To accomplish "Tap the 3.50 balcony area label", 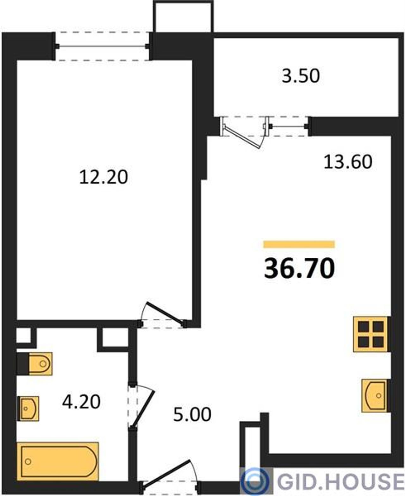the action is pyautogui.click(x=301, y=76).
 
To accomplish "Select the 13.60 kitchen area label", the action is pyautogui.click(x=348, y=162).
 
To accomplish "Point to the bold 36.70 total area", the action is pyautogui.click(x=299, y=268).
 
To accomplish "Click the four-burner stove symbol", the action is pyautogui.click(x=371, y=334).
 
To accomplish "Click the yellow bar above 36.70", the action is pyautogui.click(x=299, y=244).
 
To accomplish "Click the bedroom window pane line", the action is pyautogui.click(x=102, y=46).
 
